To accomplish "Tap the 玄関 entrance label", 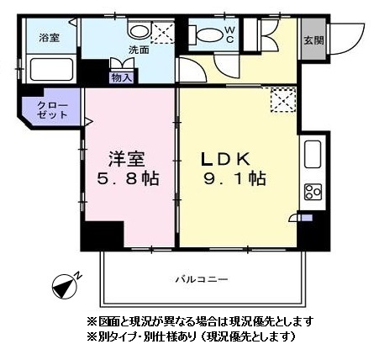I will pyautogui.click(x=313, y=40).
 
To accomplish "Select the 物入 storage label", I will pyautogui.click(x=121, y=77).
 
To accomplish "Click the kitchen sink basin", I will pyautogui.click(x=313, y=156).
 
